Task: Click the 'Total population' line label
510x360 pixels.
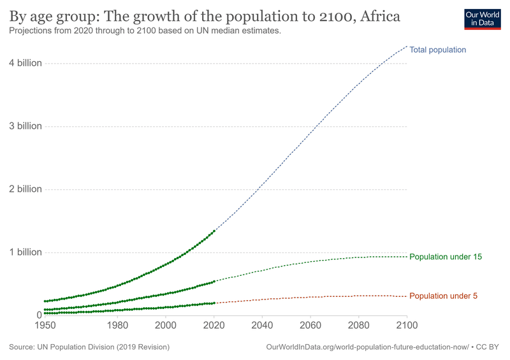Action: pyautogui.click(x=437, y=50)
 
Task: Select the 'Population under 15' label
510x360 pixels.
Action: pyautogui.click(x=445, y=257)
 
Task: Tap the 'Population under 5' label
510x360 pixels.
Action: pyautogui.click(x=442, y=296)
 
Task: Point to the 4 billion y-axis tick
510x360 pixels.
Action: pyautogui.click(x=25, y=63)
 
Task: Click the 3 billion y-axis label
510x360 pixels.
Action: pyautogui.click(x=25, y=126)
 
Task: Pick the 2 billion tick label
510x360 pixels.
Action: pyautogui.click(x=25, y=189)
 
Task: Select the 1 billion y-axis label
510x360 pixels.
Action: pyautogui.click(x=25, y=252)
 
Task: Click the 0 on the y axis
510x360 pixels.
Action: pyautogui.click(x=38, y=315)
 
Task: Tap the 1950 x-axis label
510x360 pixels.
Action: pyautogui.click(x=44, y=326)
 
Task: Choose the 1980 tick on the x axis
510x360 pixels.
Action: pyautogui.click(x=117, y=326)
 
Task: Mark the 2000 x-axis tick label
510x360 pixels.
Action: pyautogui.click(x=165, y=326)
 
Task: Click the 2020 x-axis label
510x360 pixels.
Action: pyautogui.click(x=214, y=326)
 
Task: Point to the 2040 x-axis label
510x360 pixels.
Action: pyautogui.click(x=262, y=326)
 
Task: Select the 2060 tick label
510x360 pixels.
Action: pyautogui.click(x=310, y=326)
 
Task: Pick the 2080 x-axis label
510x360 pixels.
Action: pyautogui.click(x=359, y=326)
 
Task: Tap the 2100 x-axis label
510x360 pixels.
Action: pyautogui.click(x=407, y=326)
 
